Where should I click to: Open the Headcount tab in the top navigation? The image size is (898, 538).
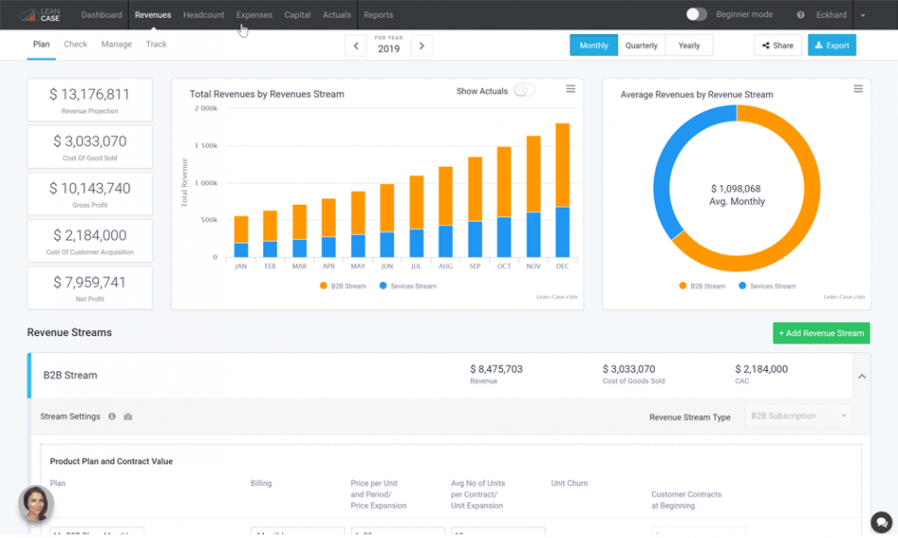point(204,15)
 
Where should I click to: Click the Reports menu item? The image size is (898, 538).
point(378,15)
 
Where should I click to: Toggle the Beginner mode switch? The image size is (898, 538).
point(696,14)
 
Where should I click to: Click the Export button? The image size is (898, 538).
point(831,45)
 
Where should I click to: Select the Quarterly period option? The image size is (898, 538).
point(641,45)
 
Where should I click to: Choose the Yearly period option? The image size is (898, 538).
point(689,45)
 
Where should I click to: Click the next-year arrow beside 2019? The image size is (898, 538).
point(422,45)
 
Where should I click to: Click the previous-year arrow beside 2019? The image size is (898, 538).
point(355,45)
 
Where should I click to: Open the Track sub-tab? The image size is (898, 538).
point(157,44)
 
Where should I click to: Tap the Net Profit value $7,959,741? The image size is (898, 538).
point(90,282)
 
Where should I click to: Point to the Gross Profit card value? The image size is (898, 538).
point(90,188)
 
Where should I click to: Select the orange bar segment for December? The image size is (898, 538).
point(562,165)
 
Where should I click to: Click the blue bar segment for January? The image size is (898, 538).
point(241,250)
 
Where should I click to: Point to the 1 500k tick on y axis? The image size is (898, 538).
point(206,145)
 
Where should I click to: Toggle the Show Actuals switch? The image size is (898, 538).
point(524,91)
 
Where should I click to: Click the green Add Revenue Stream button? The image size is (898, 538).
point(821,333)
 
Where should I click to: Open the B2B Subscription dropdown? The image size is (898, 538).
point(799,416)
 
